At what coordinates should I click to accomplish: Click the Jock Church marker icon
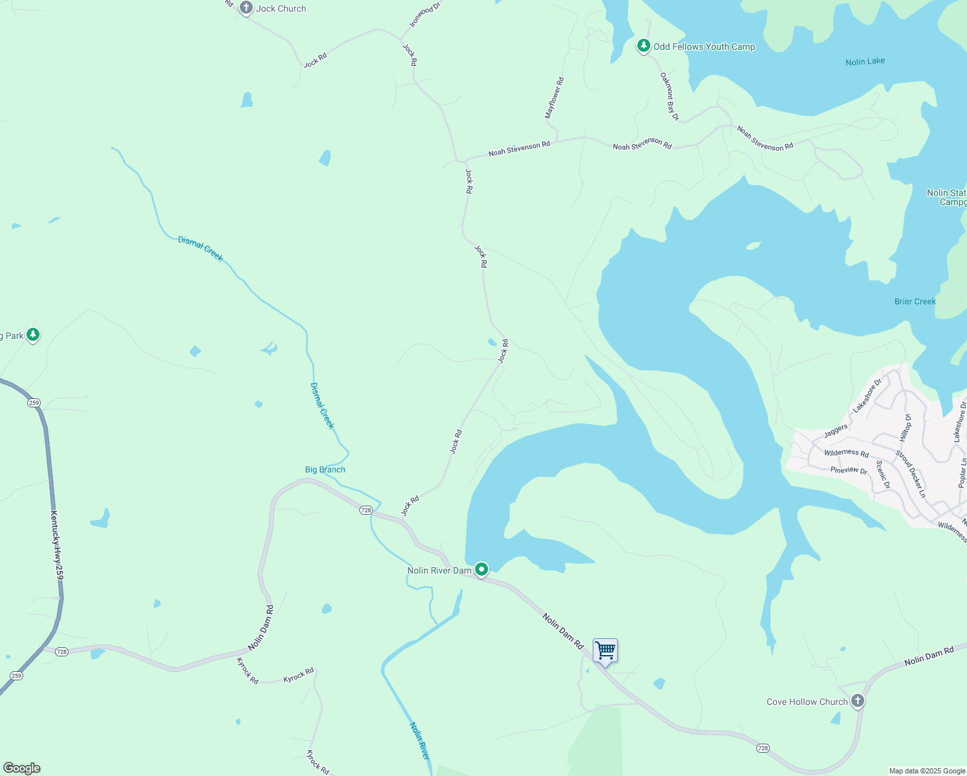tap(246, 8)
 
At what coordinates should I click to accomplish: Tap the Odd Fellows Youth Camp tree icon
tap(643, 45)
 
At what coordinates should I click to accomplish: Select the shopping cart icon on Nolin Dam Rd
tap(605, 651)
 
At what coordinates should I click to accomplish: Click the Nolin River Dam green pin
tap(481, 569)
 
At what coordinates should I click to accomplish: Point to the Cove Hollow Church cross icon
tap(857, 700)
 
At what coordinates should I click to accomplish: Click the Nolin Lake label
tap(865, 61)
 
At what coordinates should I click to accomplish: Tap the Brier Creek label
tap(915, 301)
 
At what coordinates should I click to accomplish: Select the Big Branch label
tap(325, 469)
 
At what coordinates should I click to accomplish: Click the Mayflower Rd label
tap(555, 98)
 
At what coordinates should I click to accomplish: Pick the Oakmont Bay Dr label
tap(669, 96)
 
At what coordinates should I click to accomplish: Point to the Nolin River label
tap(419, 740)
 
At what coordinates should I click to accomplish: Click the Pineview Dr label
tap(849, 470)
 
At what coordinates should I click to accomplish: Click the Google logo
tap(21, 768)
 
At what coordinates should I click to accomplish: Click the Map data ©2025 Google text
tap(927, 771)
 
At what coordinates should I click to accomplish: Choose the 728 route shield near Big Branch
tap(366, 510)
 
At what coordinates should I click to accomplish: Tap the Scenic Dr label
tap(883, 475)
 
